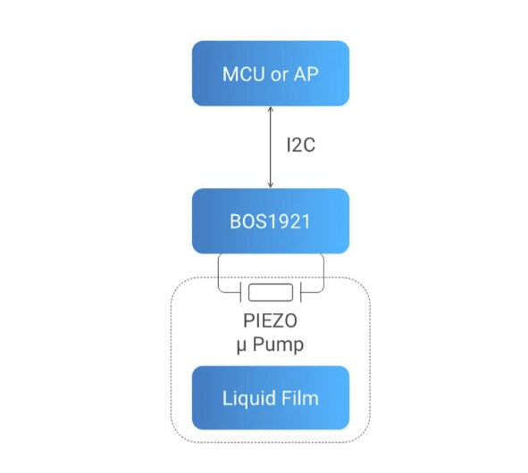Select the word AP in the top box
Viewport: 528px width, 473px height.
pos(304,73)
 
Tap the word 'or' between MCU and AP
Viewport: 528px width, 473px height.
pos(276,73)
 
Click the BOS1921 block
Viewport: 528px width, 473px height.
pos(270,220)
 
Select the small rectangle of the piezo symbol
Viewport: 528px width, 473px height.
pos(271,292)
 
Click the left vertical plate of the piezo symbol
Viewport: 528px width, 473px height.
pos(240,292)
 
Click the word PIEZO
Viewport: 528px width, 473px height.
pos(270,322)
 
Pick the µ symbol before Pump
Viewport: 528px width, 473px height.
pos(240,344)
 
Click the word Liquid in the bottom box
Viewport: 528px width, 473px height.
pos(247,397)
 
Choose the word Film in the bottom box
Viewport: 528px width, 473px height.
pos(299,397)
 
